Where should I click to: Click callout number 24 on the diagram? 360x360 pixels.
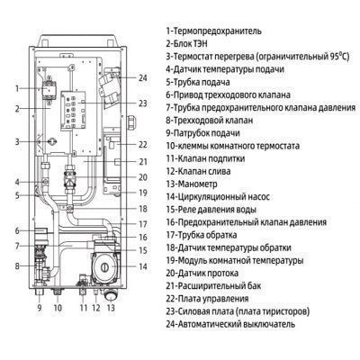coord(143,78)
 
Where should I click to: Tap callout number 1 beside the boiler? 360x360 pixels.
coord(17,89)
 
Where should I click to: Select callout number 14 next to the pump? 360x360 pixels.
coord(143,266)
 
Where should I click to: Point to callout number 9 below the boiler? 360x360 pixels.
coord(40,308)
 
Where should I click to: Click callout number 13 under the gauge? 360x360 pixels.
coord(111,308)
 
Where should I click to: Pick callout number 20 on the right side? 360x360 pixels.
coord(143,177)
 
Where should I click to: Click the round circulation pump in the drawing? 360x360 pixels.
coord(105,266)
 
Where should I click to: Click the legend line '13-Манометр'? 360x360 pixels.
coord(192,184)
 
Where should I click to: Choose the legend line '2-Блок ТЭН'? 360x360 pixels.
coord(186,43)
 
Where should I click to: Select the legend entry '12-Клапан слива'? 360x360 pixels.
coord(198,171)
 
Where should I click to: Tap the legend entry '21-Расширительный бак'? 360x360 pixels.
coord(213,286)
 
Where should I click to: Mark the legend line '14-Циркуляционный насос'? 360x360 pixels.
coord(218,197)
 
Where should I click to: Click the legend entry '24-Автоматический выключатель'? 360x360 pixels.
coord(230,324)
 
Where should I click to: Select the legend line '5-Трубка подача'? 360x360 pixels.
coord(198,82)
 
